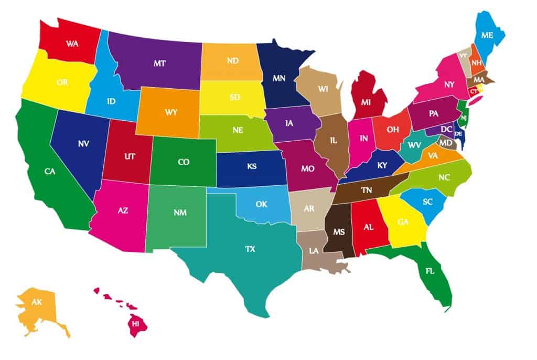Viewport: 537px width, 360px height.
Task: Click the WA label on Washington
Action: (72, 44)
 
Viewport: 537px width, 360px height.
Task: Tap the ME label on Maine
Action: (487, 36)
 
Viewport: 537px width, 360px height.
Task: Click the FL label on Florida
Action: (429, 272)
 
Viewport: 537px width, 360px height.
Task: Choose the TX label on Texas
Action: (250, 249)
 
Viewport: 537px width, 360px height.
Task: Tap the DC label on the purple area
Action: (446, 129)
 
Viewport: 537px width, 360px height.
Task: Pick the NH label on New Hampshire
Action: (477, 63)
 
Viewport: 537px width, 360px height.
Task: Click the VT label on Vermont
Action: (463, 55)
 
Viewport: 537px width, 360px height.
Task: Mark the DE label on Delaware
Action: (458, 134)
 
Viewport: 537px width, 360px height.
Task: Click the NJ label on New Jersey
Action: (464, 118)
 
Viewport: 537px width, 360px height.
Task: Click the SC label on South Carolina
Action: (427, 202)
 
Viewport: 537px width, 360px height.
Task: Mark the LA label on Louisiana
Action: (314, 251)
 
